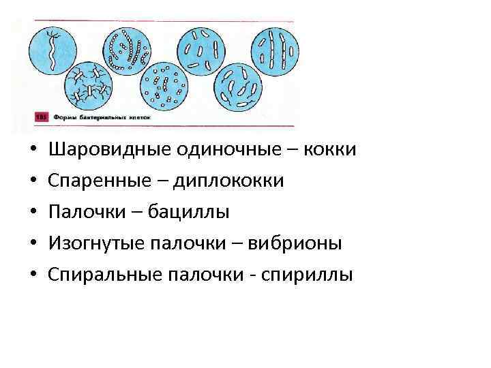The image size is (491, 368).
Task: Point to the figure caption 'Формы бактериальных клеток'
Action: point(102,118)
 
